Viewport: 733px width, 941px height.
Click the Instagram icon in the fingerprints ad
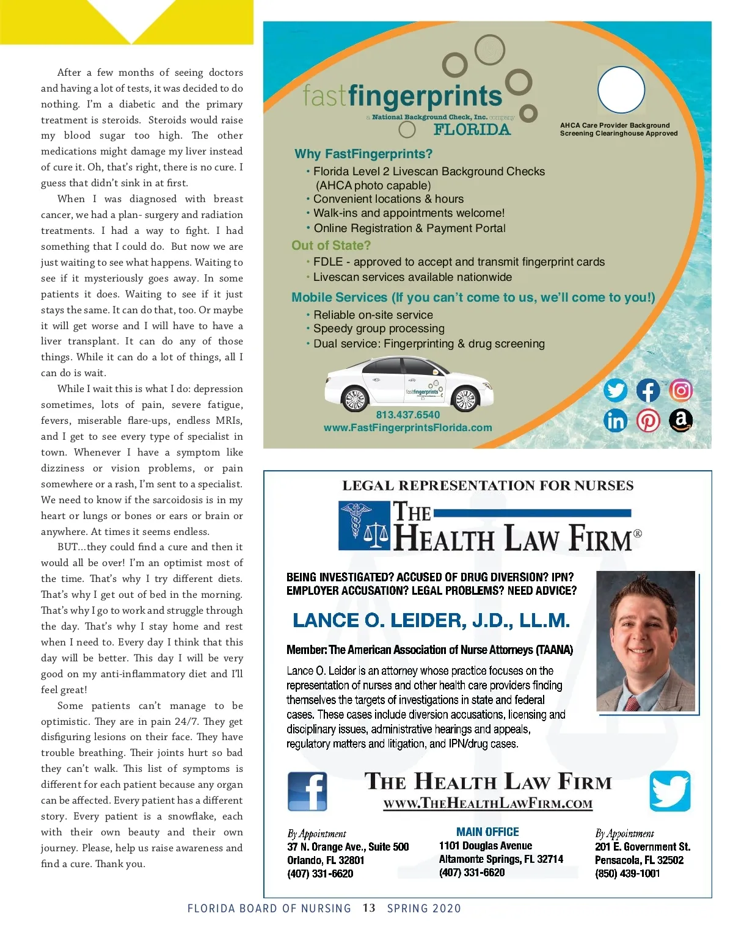click(x=681, y=390)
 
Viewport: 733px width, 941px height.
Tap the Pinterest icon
click(x=648, y=420)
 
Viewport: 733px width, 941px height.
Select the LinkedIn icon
click(x=615, y=420)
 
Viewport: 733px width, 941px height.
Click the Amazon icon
click(x=681, y=420)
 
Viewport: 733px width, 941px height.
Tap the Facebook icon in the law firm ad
click(x=307, y=791)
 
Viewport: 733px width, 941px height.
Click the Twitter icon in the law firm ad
click(x=670, y=791)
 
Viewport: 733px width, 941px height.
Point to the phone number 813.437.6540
click(x=407, y=415)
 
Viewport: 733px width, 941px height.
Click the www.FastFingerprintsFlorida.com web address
click(x=407, y=427)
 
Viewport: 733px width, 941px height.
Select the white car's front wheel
click(x=354, y=400)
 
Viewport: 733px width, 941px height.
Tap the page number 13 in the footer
click(x=368, y=908)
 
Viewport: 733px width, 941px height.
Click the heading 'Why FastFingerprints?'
click(x=363, y=154)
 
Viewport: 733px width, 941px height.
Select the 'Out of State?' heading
click(x=330, y=245)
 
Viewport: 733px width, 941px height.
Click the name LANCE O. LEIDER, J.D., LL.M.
click(x=431, y=620)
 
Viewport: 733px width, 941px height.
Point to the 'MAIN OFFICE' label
click(x=487, y=832)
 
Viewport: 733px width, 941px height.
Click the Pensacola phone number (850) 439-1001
click(x=627, y=873)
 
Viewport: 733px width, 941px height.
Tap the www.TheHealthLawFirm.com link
click(x=487, y=804)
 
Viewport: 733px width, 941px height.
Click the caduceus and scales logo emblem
click(x=365, y=525)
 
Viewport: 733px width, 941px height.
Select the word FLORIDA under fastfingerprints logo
click(x=472, y=129)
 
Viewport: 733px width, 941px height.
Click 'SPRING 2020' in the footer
click(x=424, y=908)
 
